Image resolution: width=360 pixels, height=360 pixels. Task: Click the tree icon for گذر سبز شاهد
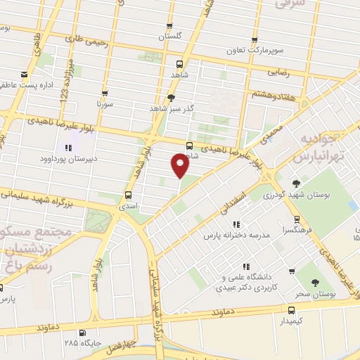click(172, 98)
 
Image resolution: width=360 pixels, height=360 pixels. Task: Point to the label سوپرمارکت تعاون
click(252, 51)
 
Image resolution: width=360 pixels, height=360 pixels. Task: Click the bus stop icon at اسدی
click(128, 195)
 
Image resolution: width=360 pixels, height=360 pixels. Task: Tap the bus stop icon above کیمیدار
click(291, 309)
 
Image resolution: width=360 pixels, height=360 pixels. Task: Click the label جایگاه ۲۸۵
click(80, 344)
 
